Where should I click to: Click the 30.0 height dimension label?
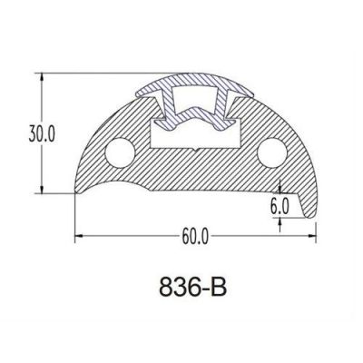click(x=42, y=133)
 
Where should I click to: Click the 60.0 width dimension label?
click(x=195, y=236)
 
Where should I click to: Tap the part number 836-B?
click(x=192, y=287)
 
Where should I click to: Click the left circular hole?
click(x=120, y=152)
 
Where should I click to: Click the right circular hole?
click(x=272, y=152)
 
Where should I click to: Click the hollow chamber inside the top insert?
click(x=195, y=98)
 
